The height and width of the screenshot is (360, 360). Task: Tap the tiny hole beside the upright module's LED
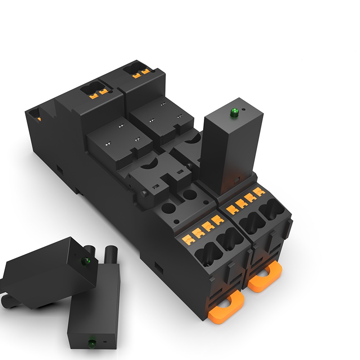[243, 109]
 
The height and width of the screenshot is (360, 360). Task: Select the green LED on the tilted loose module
[84, 261]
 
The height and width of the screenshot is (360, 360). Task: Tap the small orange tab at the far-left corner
[40, 119]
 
